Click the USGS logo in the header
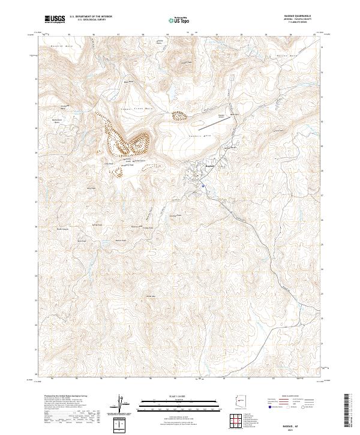click(55, 19)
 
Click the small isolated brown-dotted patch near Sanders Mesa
click(180, 115)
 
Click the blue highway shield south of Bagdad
click(203, 187)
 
